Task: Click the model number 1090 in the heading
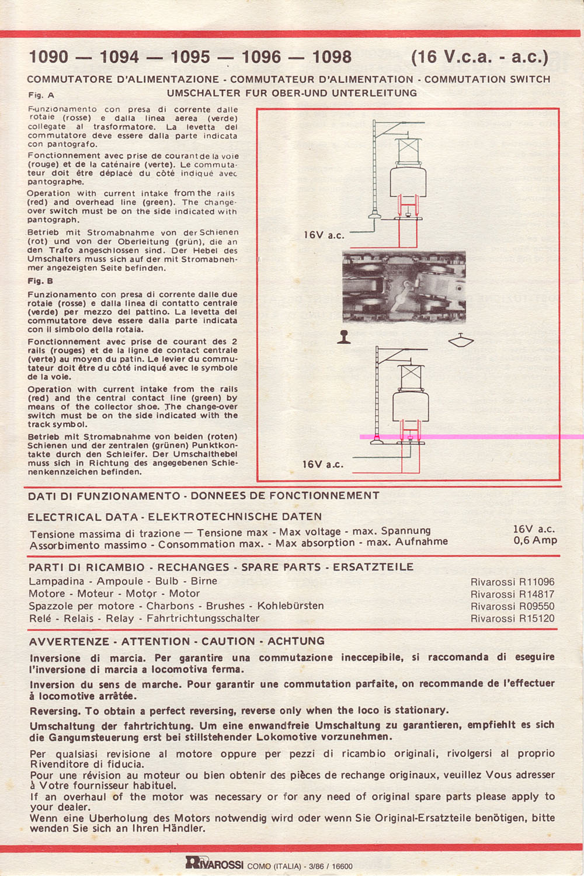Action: tap(48, 57)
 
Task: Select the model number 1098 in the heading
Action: tap(332, 57)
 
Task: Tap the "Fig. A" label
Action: tap(41, 95)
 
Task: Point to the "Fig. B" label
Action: tap(41, 281)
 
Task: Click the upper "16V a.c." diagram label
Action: tap(324, 235)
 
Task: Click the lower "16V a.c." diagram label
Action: tap(322, 464)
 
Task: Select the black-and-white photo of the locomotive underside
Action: tap(404, 287)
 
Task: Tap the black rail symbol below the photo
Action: tap(344, 338)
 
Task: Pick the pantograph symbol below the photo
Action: tap(461, 340)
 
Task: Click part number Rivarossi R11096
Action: tap(512, 582)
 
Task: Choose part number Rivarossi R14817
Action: tap(512, 595)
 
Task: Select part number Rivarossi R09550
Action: tap(512, 606)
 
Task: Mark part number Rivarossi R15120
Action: tap(512, 618)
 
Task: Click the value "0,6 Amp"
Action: tap(535, 541)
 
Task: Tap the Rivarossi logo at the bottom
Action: tap(214, 863)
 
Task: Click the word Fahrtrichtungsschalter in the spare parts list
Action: tap(203, 618)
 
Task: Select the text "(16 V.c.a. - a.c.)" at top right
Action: tap(479, 57)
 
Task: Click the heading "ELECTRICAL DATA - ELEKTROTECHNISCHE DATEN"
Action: tap(175, 517)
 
